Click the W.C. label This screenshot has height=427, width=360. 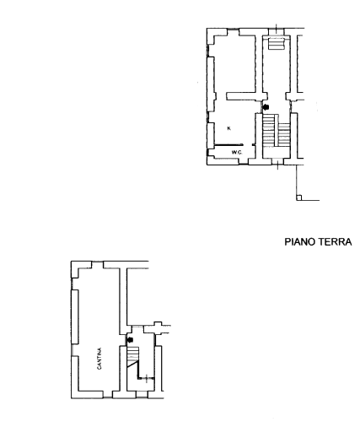point(237,153)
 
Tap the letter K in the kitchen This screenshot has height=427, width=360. point(229,128)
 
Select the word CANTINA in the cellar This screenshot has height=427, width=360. point(99,359)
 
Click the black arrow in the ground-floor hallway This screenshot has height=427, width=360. point(266,107)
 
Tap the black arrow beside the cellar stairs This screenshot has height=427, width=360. point(130,340)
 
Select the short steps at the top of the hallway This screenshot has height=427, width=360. point(277,44)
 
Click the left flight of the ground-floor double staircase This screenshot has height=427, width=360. point(268,130)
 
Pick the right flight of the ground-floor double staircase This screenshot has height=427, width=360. point(284,134)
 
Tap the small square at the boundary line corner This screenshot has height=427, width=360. point(298,197)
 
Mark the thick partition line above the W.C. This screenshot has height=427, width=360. point(228,145)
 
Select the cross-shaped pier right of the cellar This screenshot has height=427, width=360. point(158,328)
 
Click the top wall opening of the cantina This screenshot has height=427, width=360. point(98,265)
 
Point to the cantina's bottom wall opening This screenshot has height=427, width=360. point(108,394)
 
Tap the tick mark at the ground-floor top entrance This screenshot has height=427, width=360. point(277,28)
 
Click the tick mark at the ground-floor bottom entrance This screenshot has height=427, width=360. point(277,165)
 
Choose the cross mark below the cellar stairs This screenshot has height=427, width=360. point(147,379)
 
